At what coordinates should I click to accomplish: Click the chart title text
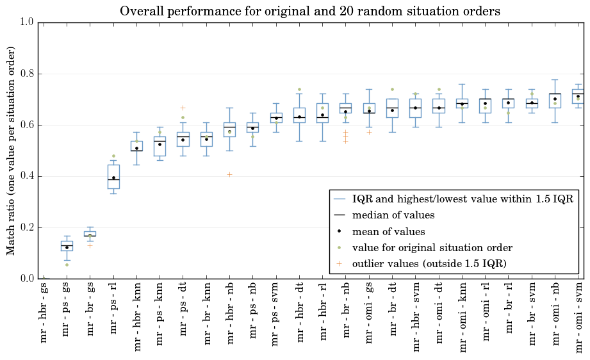[310, 11]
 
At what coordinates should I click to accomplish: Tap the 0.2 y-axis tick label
[26, 227]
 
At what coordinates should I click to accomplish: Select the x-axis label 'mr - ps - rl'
[113, 308]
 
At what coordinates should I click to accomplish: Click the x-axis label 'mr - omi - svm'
[578, 318]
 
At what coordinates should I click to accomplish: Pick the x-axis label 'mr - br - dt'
[393, 309]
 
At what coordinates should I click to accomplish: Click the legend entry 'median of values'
[393, 215]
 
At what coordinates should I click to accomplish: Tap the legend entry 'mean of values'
[388, 232]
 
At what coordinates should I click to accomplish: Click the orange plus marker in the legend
[339, 264]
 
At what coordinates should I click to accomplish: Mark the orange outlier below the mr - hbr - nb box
[229, 174]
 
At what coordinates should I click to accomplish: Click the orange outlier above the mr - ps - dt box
[183, 108]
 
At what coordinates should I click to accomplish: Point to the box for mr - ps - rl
[113, 177]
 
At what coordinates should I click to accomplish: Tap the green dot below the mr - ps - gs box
[67, 265]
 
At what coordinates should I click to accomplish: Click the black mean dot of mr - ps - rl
[113, 178]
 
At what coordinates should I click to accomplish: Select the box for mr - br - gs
[90, 234]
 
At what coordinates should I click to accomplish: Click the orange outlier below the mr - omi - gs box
[369, 133]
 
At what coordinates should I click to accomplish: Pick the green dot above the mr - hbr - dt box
[300, 90]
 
